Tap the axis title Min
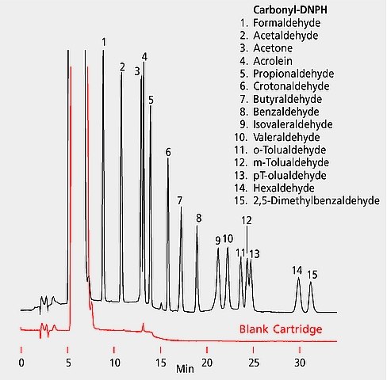pyautogui.click(x=185, y=368)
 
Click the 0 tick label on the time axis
pyautogui.click(x=21, y=362)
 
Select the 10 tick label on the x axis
pyautogui.click(x=114, y=362)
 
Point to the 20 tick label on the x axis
pyautogui.click(x=207, y=362)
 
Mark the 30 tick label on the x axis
pyautogui.click(x=300, y=362)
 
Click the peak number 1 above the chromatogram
pyautogui.click(x=104, y=41)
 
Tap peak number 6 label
pyautogui.click(x=168, y=151)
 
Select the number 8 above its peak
pyautogui.click(x=198, y=218)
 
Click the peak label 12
pyautogui.click(x=247, y=220)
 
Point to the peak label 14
pyautogui.click(x=297, y=270)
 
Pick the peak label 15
pyautogui.click(x=312, y=275)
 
